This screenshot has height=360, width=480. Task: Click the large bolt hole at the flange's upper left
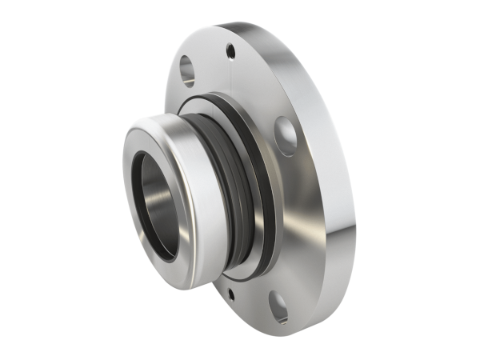tap(187, 70)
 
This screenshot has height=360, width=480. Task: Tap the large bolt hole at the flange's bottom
tap(278, 307)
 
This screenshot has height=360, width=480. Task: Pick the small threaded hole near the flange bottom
tap(231, 294)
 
